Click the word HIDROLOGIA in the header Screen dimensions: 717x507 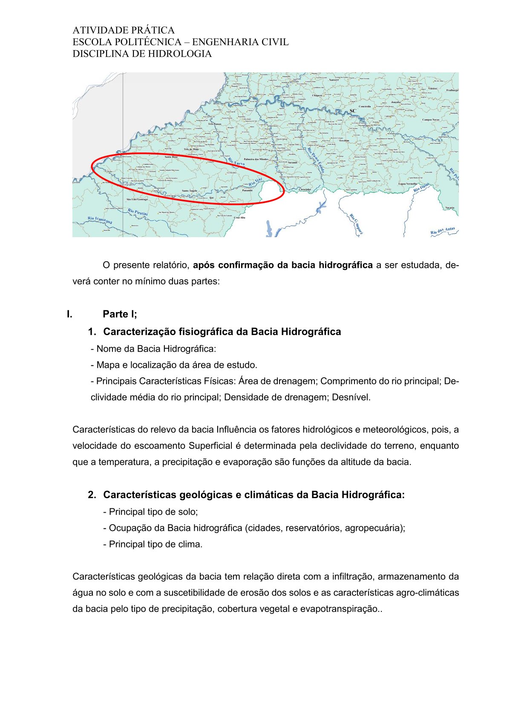point(184,54)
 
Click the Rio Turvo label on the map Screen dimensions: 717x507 point(236,161)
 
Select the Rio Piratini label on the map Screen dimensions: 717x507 point(138,212)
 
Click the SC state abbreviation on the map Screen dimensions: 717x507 point(353,111)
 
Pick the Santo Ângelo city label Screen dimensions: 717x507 point(190,190)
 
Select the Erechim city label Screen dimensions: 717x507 point(344,141)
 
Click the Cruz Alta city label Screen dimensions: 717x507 point(239,217)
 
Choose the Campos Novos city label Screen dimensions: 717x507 point(431,120)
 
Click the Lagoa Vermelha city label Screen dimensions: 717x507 point(408,184)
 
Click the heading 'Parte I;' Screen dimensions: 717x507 point(120,314)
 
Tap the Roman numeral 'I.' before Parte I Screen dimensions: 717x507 point(69,314)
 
